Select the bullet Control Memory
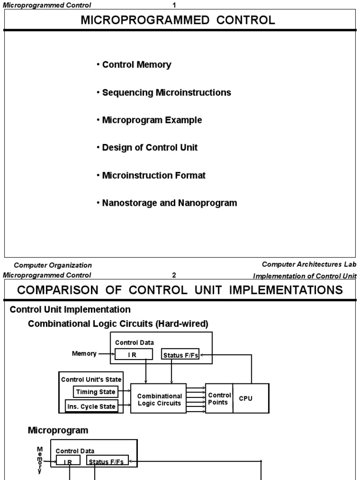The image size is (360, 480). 136,65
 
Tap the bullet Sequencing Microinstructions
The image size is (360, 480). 166,92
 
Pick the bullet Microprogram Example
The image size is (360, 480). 152,120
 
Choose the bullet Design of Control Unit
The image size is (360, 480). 150,148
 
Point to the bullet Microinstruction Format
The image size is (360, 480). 154,175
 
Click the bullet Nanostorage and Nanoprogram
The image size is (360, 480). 169,203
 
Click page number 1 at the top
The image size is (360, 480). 174,5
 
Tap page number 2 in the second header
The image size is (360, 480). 174,275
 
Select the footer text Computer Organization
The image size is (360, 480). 52,265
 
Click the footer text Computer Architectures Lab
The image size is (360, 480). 309,265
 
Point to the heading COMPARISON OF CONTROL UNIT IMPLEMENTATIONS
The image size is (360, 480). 180,290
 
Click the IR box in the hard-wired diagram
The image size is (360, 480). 134,355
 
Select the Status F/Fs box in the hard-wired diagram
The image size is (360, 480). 180,355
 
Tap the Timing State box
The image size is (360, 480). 95,391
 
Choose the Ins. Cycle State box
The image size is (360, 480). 91,406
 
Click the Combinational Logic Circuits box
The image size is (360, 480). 159,399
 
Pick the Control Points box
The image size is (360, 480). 219,398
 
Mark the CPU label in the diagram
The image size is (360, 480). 246,398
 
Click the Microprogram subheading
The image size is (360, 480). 58,430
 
